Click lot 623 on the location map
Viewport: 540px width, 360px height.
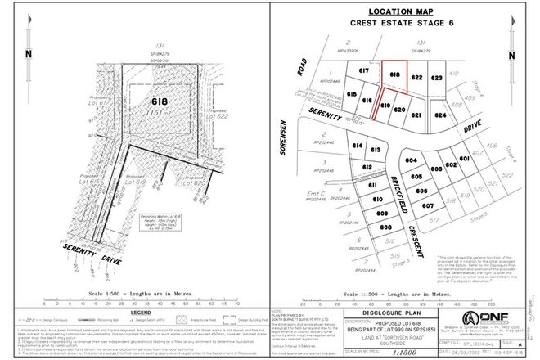pyautogui.click(x=435, y=78)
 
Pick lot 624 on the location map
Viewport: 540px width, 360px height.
pyautogui.click(x=440, y=116)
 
